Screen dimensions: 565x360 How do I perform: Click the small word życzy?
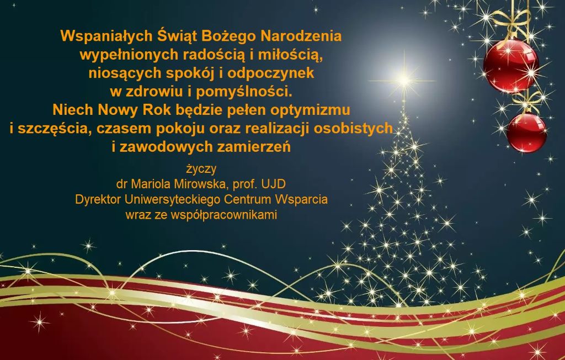click(x=201, y=169)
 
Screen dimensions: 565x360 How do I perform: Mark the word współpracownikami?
click(x=224, y=215)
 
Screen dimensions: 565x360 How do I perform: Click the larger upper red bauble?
click(x=510, y=65)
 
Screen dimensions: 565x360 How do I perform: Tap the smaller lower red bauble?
click(x=526, y=133)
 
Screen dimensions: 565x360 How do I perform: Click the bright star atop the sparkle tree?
click(x=403, y=80)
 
